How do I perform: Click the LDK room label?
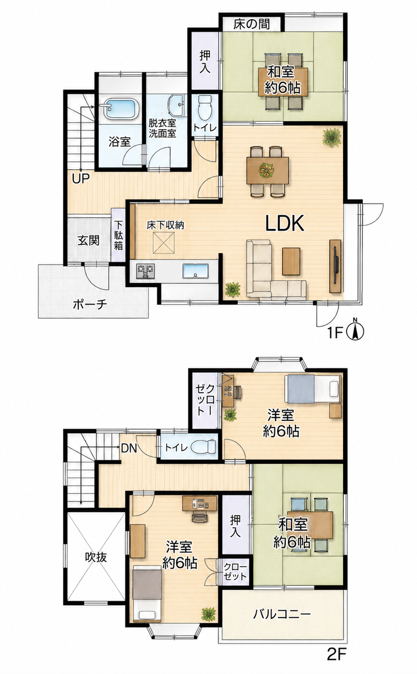pyautogui.click(x=285, y=223)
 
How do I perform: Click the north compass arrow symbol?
pyautogui.click(x=356, y=330)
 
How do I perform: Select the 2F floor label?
pyautogui.click(x=336, y=655)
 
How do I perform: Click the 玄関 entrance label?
pyautogui.click(x=88, y=240)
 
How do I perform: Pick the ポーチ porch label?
pyautogui.click(x=90, y=305)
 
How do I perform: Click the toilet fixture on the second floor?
pyautogui.click(x=203, y=447)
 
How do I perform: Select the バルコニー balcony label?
pyautogui.click(x=281, y=614)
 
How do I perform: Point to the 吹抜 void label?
pyautogui.click(x=95, y=557)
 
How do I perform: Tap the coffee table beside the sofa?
pyautogui.click(x=291, y=261)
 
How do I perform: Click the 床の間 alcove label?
pyautogui.click(x=252, y=24)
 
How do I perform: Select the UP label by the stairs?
pyautogui.click(x=81, y=178)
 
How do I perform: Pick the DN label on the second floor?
pyautogui.click(x=128, y=448)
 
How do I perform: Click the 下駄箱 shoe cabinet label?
pyautogui.click(x=118, y=235)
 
